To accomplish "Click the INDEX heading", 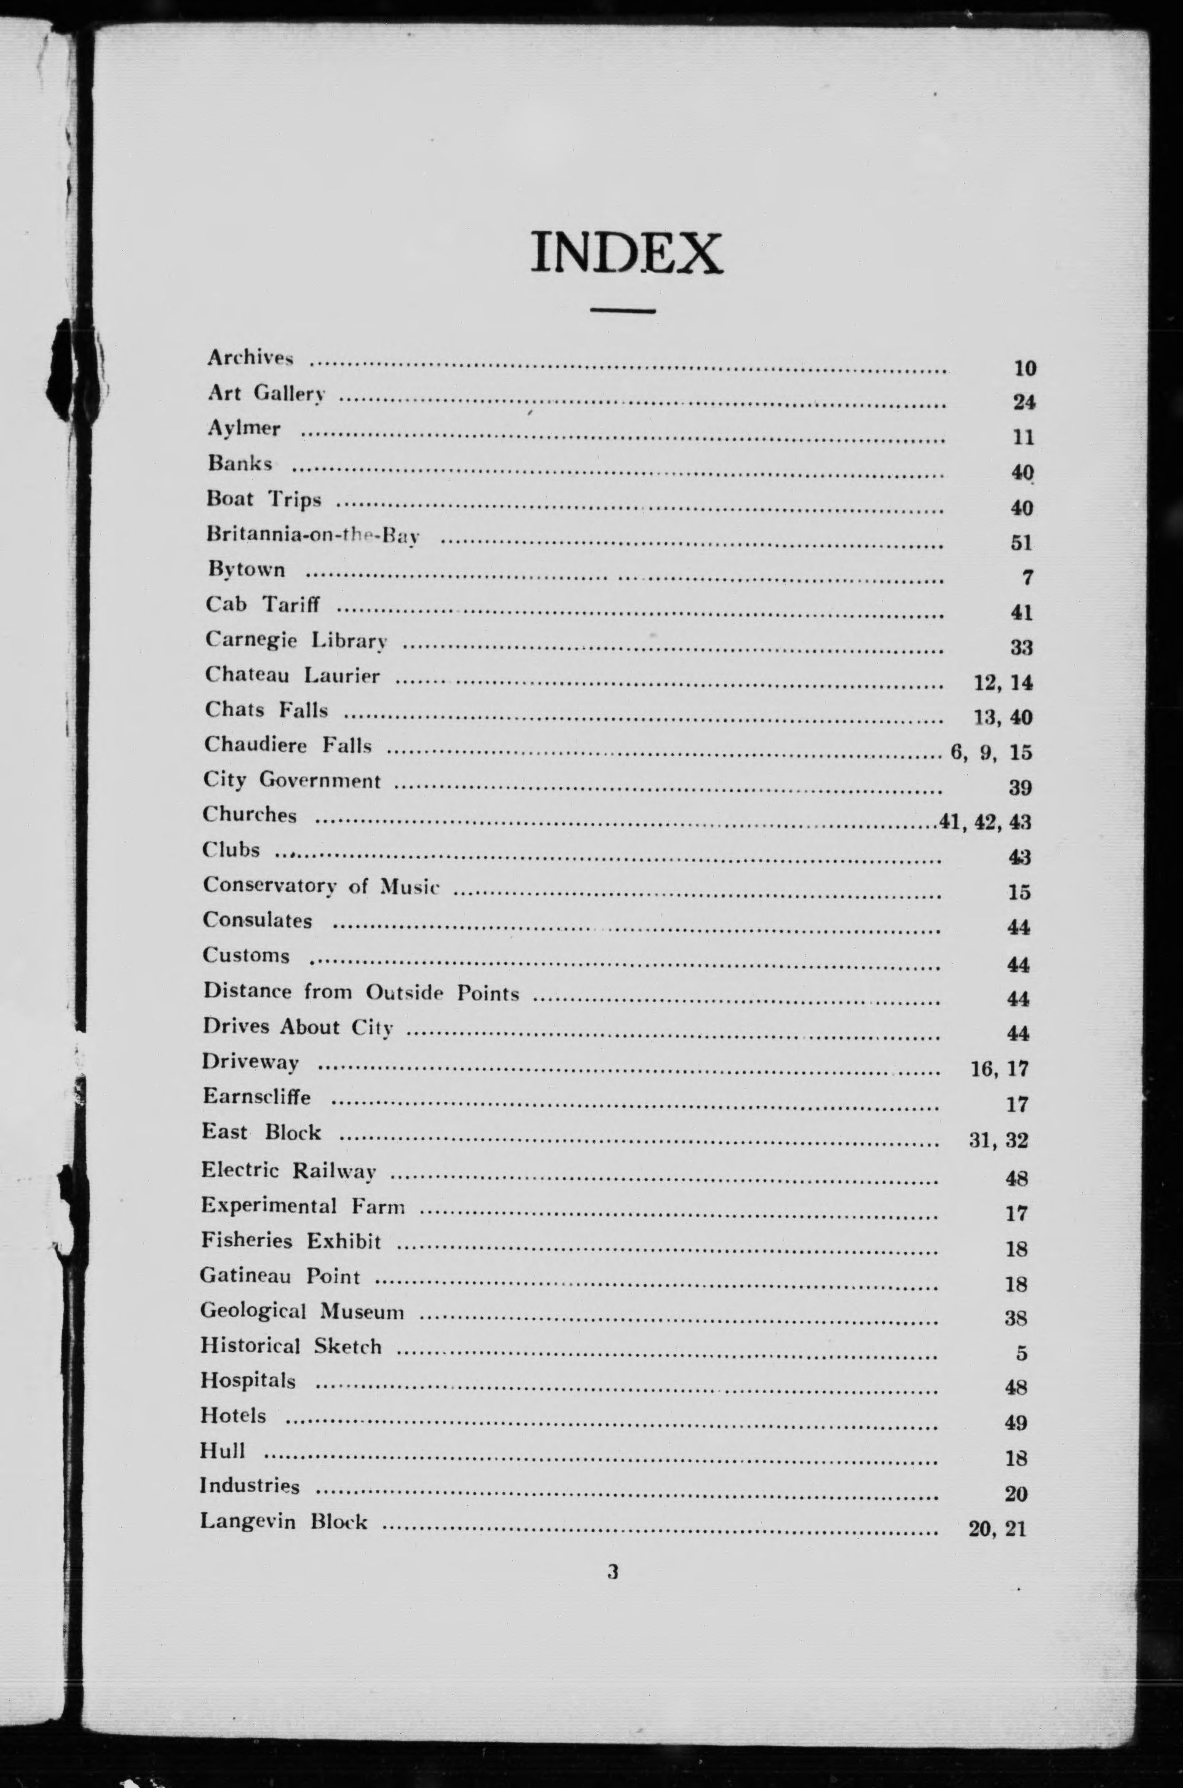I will coord(626,253).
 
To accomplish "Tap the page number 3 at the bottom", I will coord(612,1572).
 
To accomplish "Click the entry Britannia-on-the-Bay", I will coord(313,535).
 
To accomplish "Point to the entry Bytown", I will coord(247,569).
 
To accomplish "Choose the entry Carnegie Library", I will coord(296,639).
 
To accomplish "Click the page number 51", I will coord(1021,542).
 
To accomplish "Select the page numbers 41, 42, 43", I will coord(984,821).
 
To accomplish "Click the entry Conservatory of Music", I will coord(320,886).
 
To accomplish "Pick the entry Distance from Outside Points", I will coord(361,992).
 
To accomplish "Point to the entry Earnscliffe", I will coord(256,1096).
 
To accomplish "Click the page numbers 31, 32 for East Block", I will coord(998,1140).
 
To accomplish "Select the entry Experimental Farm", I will coord(303,1206).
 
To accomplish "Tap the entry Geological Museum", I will coord(302,1311).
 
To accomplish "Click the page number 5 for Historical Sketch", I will coord(1021,1353).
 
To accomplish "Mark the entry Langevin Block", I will coord(283,1521).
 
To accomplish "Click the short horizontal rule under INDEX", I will coord(622,310).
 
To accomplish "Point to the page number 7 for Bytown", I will coord(1027,578).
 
